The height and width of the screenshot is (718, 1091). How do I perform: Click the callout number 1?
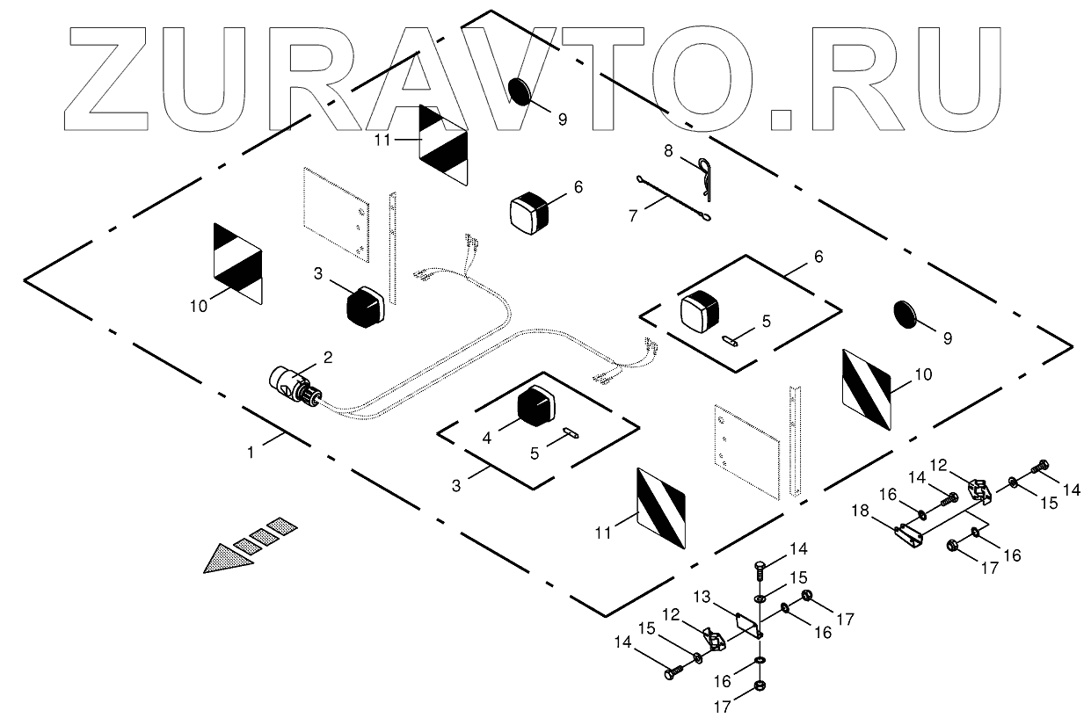point(251,453)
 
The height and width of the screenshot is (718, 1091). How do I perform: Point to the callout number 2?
point(327,357)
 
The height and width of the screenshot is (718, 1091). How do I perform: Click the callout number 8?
point(668,151)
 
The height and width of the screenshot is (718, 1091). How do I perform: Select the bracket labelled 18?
point(906,533)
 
